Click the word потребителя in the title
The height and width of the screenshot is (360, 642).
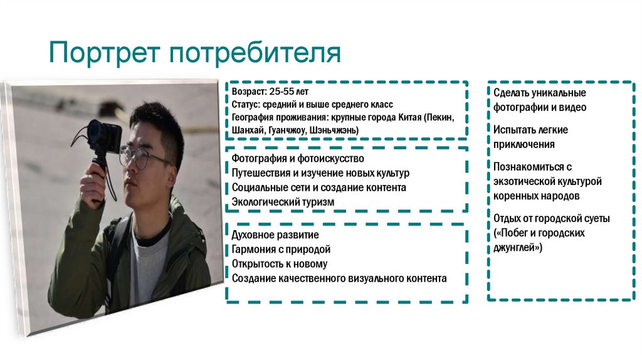pos(255,53)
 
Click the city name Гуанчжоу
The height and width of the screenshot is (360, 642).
pos(288,130)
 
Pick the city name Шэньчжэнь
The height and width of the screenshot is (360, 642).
pos(335,130)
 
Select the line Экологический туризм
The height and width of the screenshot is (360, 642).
pos(283,201)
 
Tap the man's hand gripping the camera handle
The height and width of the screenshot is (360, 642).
pos(93,185)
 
